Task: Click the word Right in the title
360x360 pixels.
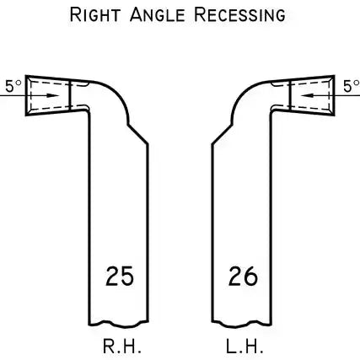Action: (95, 15)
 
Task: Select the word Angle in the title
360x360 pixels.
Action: (158, 15)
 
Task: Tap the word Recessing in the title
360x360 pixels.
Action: (239, 15)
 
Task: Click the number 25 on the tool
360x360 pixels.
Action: (120, 276)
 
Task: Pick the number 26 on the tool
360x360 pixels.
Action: (243, 276)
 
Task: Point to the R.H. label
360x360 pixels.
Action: (121, 347)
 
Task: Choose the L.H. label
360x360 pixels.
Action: (244, 347)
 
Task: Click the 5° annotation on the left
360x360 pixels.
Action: (13, 86)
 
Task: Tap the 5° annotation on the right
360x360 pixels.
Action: (352, 86)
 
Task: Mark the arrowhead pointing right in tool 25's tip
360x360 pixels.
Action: (52, 95)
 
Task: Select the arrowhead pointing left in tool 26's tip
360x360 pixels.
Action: (307, 95)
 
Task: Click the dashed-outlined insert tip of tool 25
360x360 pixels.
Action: (48, 95)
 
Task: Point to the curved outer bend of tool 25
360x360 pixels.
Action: (120, 94)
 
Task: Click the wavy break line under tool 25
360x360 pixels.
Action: (118, 325)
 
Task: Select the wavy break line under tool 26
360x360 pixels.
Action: (242, 325)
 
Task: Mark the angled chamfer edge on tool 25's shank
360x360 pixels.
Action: (138, 134)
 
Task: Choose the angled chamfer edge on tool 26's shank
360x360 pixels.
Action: (222, 134)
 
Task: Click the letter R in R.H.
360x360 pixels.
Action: (109, 347)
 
